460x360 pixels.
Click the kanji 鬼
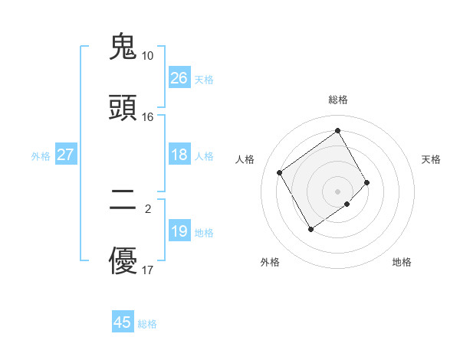pyautogui.click(x=123, y=47)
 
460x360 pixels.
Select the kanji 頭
pyautogui.click(x=123, y=108)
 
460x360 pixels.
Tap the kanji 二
pyautogui.click(x=123, y=201)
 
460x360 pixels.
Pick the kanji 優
pyautogui.click(x=123, y=262)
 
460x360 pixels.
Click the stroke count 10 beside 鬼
pyautogui.click(x=147, y=56)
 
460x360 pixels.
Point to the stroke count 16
pyautogui.click(x=147, y=117)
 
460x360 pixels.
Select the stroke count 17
pyautogui.click(x=147, y=270)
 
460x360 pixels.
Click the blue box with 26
pyautogui.click(x=179, y=78)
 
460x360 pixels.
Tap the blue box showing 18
pyautogui.click(x=179, y=155)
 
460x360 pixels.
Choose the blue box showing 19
pyautogui.click(x=179, y=231)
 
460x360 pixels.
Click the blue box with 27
pyautogui.click(x=65, y=155)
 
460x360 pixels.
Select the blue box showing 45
pyautogui.click(x=122, y=322)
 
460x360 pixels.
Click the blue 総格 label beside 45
pyautogui.click(x=147, y=324)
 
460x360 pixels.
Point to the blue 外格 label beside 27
pyautogui.click(x=41, y=156)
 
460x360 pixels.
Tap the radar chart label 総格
pyautogui.click(x=337, y=100)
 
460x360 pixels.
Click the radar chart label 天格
pyautogui.click(x=432, y=159)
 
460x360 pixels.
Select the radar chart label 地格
pyautogui.click(x=402, y=262)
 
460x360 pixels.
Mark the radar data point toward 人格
pyautogui.click(x=280, y=172)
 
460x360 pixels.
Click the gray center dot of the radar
pyautogui.click(x=337, y=191)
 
